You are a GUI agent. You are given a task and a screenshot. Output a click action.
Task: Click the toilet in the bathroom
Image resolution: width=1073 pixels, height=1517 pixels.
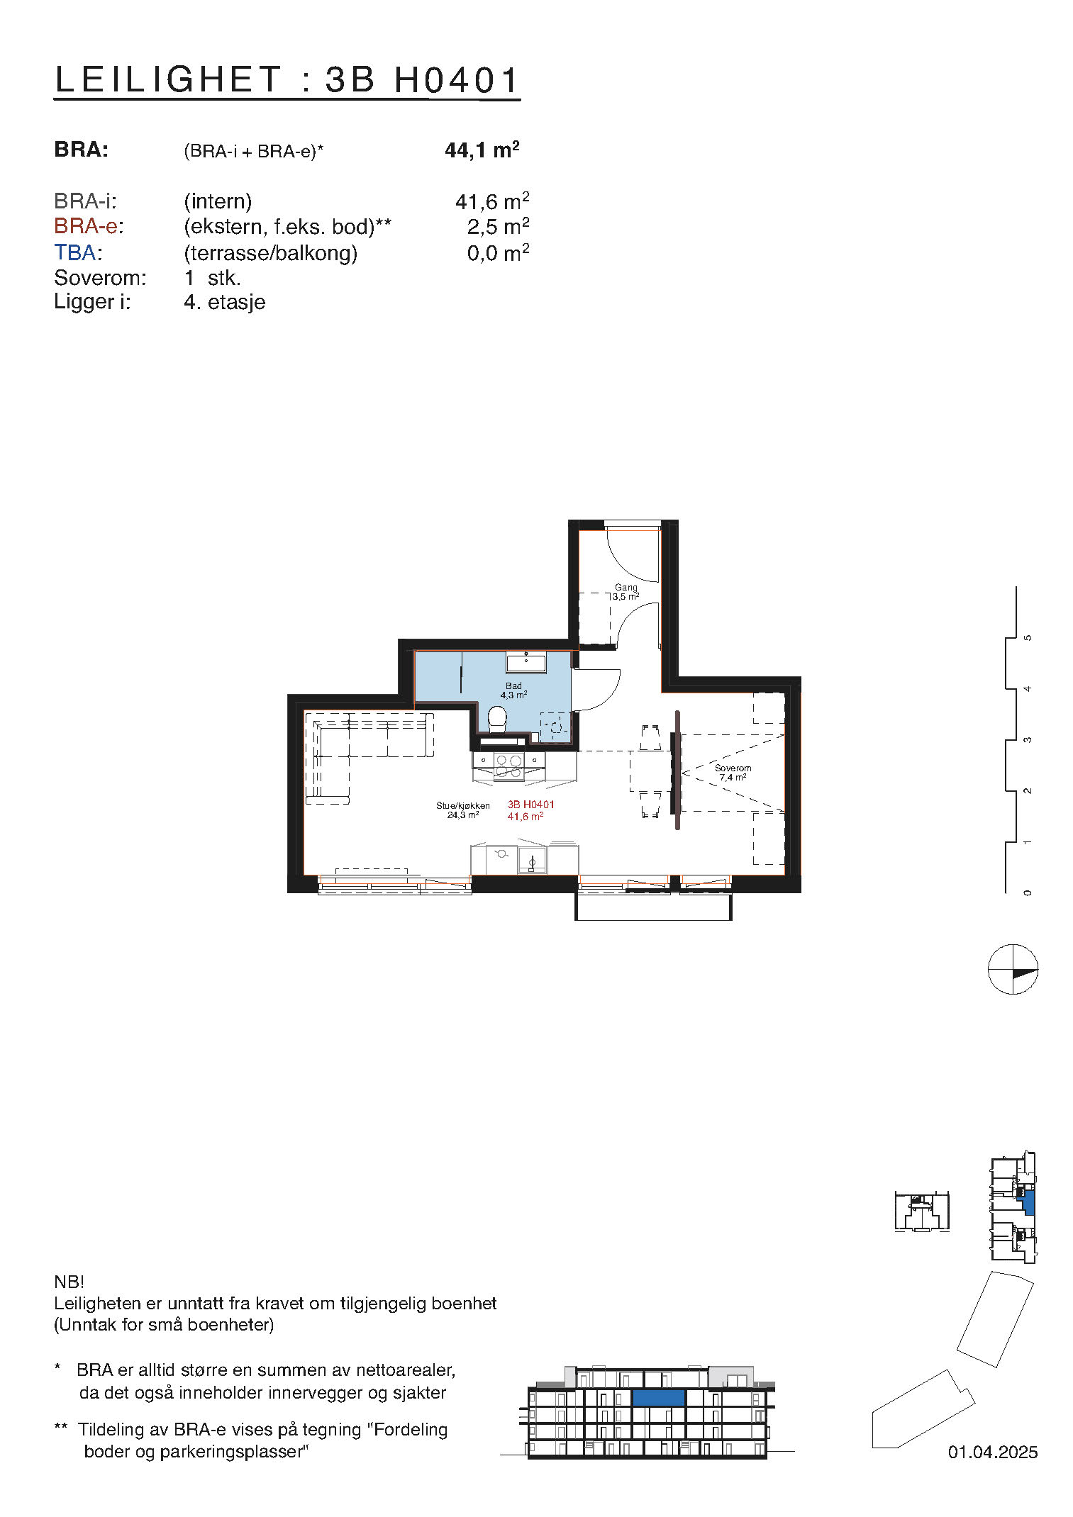[498, 720]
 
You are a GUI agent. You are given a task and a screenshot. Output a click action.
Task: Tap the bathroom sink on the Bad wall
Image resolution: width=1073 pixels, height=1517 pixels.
[526, 664]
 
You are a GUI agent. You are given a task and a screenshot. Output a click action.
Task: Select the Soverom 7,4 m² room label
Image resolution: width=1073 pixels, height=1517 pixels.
[733, 773]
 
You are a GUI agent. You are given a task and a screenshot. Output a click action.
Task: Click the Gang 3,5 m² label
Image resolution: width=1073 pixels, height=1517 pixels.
[626, 592]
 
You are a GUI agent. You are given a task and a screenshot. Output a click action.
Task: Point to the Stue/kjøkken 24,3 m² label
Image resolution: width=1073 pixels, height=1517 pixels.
[462, 810]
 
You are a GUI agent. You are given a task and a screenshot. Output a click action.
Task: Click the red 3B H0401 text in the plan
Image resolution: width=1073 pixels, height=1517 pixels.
[530, 805]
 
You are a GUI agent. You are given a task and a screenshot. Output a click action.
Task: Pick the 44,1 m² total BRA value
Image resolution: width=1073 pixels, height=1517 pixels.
[482, 150]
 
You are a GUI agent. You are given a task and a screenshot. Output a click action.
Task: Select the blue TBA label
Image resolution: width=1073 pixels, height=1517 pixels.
[77, 252]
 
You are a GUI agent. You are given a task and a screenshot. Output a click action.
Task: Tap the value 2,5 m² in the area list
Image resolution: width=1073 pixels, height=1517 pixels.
[497, 227]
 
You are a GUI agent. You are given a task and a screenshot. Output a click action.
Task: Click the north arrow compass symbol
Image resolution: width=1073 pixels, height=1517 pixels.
[1013, 969]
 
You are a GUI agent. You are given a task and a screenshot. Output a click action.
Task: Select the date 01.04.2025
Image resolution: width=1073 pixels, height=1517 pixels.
[992, 1452]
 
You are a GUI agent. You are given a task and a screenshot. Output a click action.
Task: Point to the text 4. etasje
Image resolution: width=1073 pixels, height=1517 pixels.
[224, 302]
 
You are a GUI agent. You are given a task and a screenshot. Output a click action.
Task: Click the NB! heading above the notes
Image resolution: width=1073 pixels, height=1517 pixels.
[69, 1282]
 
